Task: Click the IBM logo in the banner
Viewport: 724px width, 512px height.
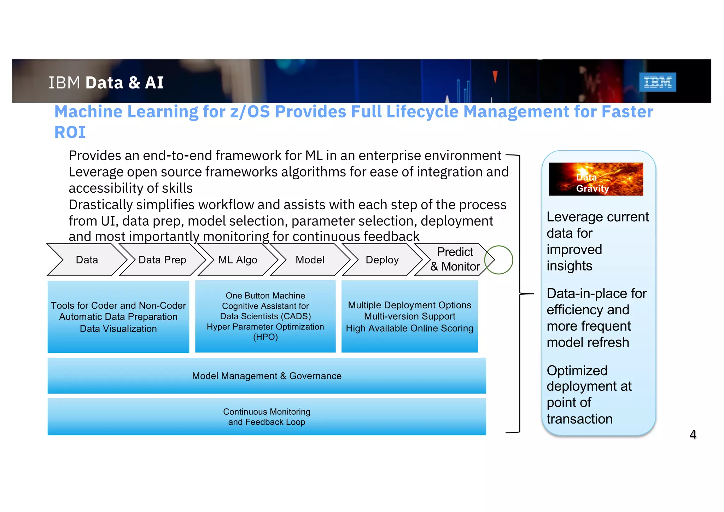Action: tap(657, 82)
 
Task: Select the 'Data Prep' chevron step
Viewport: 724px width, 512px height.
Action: tap(162, 260)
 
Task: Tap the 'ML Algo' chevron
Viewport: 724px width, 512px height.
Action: tap(238, 260)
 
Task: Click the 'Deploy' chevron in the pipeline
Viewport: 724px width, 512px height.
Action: tap(382, 260)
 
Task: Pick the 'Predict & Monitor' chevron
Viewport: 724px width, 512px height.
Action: tap(455, 260)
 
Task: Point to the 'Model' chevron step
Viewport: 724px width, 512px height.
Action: tap(310, 260)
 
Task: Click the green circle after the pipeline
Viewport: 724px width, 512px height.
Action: tap(499, 260)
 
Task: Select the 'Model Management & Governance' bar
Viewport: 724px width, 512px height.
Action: tap(267, 376)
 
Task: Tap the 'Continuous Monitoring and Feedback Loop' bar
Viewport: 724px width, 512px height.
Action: tap(267, 417)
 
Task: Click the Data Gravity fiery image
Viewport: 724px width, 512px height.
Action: tap(596, 179)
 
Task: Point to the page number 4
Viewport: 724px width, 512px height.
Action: tap(693, 435)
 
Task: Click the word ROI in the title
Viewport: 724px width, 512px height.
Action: tap(70, 132)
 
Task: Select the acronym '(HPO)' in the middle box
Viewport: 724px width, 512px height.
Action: tap(265, 337)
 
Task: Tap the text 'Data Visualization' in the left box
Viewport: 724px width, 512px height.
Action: tap(118, 328)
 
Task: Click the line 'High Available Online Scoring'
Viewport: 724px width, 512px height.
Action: tap(409, 328)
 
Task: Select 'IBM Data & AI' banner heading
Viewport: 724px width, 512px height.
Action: tap(106, 83)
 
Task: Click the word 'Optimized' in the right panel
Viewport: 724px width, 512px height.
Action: tap(577, 371)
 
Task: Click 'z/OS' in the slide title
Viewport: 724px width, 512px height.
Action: tap(250, 112)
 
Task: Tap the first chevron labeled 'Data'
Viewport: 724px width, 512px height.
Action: tap(87, 260)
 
